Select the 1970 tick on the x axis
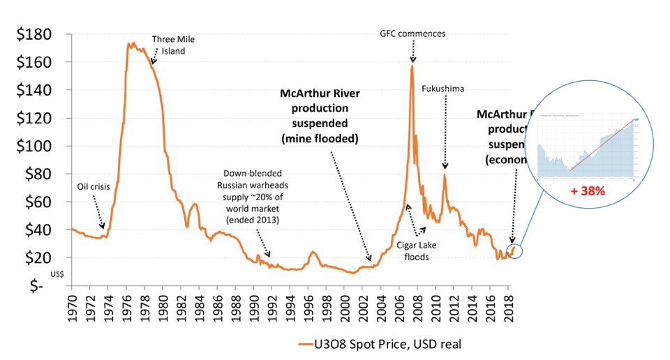[x=73, y=306]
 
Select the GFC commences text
[x=412, y=33]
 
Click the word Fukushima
[x=443, y=89]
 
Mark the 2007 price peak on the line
[x=412, y=66]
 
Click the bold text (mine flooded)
[x=320, y=138]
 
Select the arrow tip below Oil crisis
[x=103, y=227]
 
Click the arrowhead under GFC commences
[x=412, y=61]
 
